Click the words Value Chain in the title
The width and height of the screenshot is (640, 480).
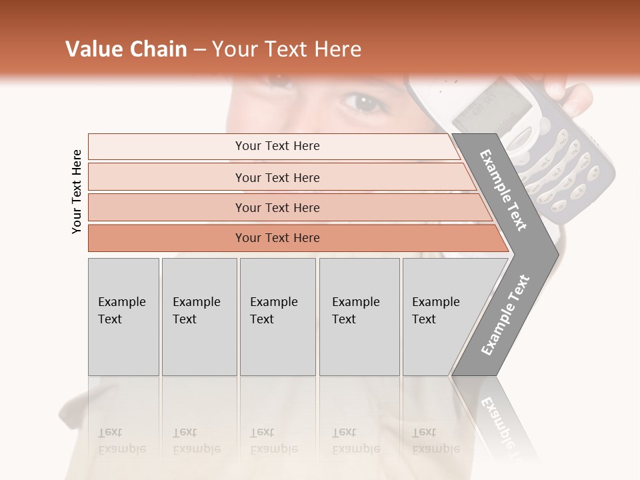[x=126, y=49]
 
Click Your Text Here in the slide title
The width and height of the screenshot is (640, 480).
[x=287, y=49]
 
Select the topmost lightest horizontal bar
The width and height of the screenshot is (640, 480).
[x=277, y=146]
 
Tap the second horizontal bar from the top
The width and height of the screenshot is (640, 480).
[x=277, y=177]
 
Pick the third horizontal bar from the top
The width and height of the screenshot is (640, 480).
[x=277, y=207]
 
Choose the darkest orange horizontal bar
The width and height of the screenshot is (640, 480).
[x=277, y=238]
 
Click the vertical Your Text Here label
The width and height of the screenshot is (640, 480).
[x=77, y=191]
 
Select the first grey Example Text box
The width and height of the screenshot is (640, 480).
[x=123, y=317]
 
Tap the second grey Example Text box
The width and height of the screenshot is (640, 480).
[x=199, y=317]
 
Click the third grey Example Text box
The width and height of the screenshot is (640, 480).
[x=277, y=317]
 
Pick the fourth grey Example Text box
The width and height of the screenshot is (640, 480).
[x=359, y=317]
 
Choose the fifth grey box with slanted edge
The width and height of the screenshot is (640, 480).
[x=440, y=317]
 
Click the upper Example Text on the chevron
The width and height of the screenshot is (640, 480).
[x=503, y=190]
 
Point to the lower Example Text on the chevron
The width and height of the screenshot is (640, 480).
[x=505, y=315]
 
